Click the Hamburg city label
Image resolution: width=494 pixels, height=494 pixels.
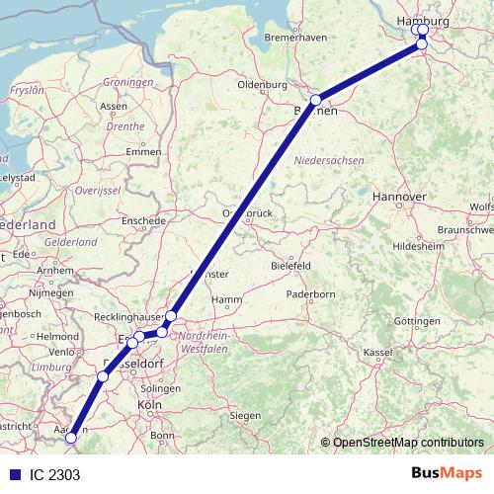pyautogui.click(x=422, y=22)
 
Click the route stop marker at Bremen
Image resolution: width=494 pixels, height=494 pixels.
pyautogui.click(x=315, y=100)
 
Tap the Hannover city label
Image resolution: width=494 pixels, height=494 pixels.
pyautogui.click(x=399, y=198)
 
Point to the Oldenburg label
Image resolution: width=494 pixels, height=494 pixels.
pyautogui.click(x=262, y=85)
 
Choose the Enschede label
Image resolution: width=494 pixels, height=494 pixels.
pyautogui.click(x=144, y=219)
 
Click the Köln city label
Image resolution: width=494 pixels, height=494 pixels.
pyautogui.click(x=150, y=405)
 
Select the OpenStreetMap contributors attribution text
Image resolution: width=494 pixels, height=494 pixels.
pyautogui.click(x=408, y=443)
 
